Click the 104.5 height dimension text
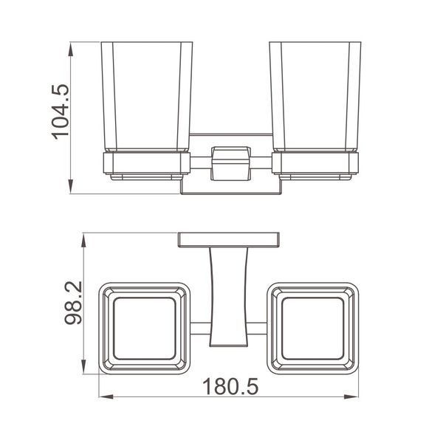(61, 112)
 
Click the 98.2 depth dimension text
(73, 303)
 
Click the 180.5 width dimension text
(230, 387)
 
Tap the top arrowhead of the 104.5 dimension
(71, 49)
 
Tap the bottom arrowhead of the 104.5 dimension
(71, 187)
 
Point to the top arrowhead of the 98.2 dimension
(83, 241)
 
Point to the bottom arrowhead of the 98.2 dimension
(83, 367)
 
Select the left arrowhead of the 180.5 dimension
(106, 396)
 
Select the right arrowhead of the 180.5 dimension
(351, 396)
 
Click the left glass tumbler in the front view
(147, 97)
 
